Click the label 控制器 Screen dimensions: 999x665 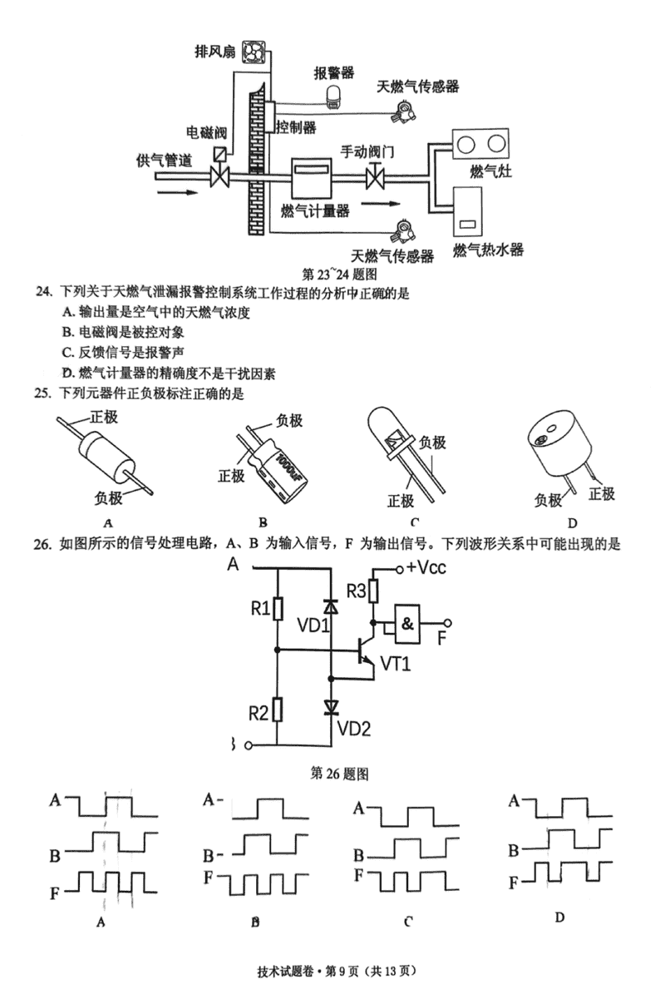(297, 127)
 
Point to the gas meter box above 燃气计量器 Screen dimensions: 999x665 (312, 177)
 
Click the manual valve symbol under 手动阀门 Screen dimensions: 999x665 (374, 177)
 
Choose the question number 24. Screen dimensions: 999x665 (42, 292)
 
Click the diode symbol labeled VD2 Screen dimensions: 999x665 (331, 707)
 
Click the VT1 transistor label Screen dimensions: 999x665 (398, 663)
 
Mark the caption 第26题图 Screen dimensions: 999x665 (338, 773)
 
